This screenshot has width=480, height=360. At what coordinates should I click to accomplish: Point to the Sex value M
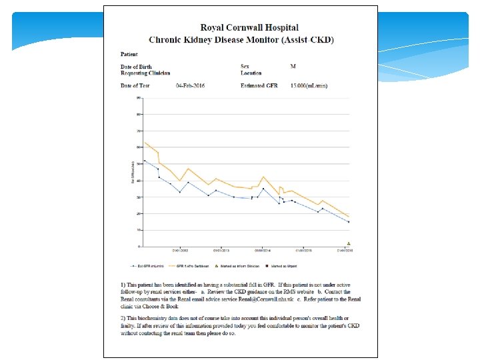293,66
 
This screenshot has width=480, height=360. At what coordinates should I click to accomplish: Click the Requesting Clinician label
145,73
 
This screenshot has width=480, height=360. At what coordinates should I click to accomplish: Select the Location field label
251,73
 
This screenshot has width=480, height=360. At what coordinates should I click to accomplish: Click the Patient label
129,53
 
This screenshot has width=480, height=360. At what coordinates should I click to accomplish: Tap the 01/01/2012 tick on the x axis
180,251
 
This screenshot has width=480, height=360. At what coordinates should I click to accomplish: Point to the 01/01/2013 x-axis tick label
221,251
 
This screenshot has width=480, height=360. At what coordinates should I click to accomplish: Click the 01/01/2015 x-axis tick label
304,251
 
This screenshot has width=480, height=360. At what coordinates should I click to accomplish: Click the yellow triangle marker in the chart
349,243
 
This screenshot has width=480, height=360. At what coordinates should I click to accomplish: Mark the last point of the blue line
349,222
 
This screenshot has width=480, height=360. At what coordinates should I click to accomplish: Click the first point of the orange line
145,142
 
